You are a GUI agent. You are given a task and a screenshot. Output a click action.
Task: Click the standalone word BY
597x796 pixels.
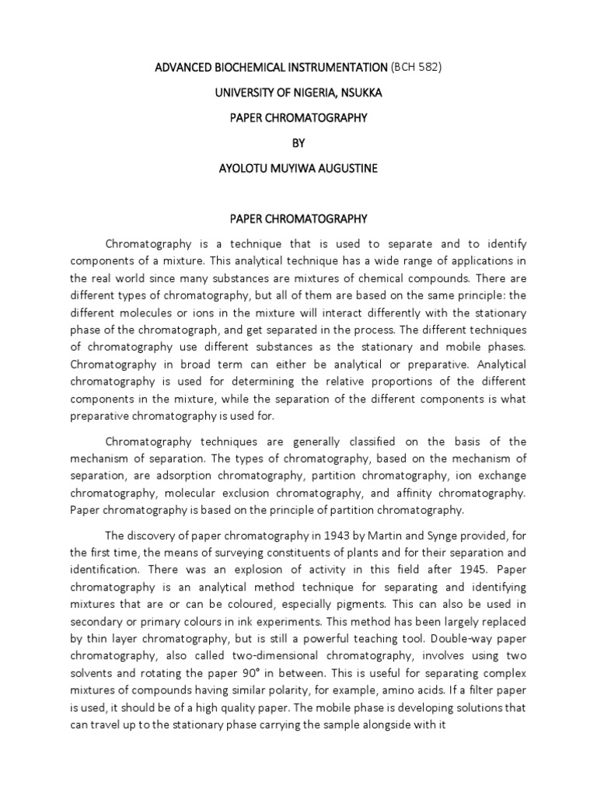tap(299, 144)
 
